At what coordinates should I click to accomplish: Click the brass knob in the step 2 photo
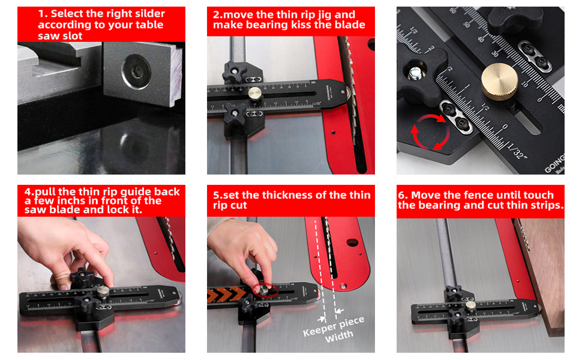pos(256,94)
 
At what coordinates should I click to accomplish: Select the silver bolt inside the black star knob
pos(415,73)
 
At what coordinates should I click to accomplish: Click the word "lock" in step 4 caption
pos(124,211)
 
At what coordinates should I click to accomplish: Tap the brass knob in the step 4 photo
pos(103,292)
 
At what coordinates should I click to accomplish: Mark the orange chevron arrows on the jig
pos(227,293)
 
